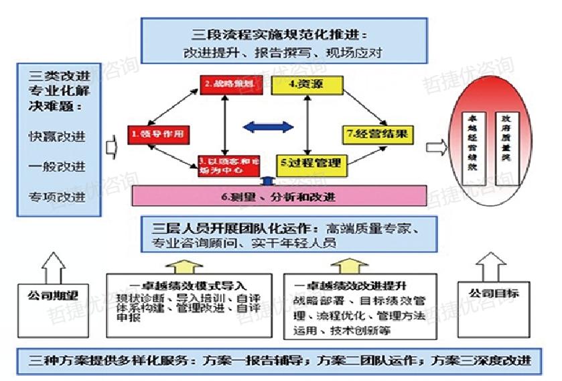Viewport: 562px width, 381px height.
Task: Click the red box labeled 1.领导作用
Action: (x=157, y=134)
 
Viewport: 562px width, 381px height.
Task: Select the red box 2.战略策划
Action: (x=228, y=85)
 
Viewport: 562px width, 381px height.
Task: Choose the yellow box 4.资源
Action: (x=306, y=85)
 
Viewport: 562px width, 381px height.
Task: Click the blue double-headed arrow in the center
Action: (x=267, y=126)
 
